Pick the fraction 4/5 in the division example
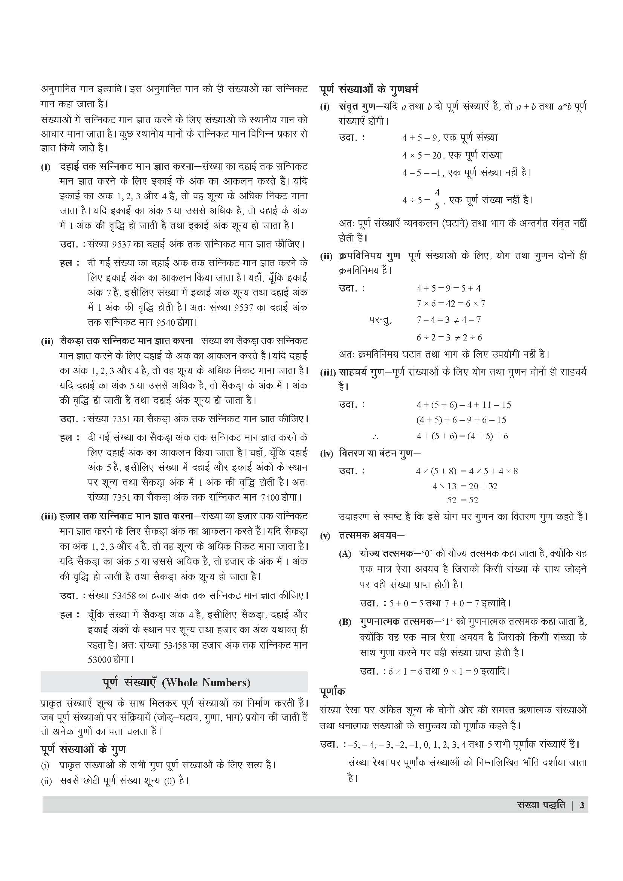437,199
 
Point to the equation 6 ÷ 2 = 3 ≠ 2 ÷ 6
449,337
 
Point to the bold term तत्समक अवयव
369,535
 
